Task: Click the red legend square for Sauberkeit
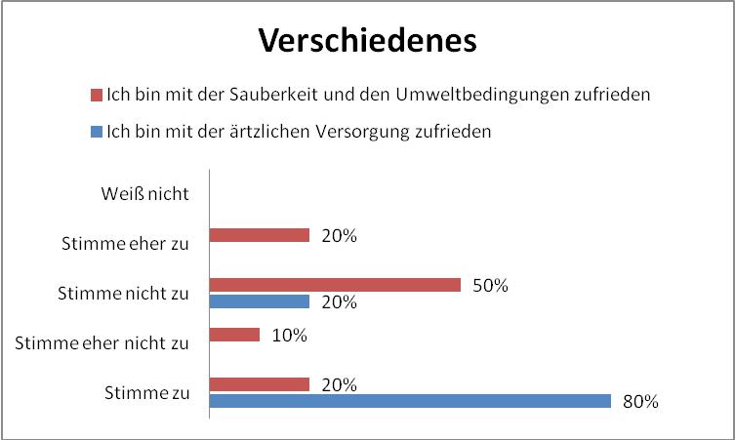click(x=96, y=96)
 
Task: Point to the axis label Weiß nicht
click(x=144, y=192)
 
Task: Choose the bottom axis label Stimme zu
click(x=146, y=392)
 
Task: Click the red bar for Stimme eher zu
click(x=260, y=235)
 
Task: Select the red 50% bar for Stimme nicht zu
click(x=335, y=285)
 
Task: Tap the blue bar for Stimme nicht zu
click(x=260, y=301)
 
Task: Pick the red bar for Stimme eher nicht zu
click(x=235, y=335)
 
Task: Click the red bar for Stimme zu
click(x=260, y=384)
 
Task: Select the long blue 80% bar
click(x=410, y=401)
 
